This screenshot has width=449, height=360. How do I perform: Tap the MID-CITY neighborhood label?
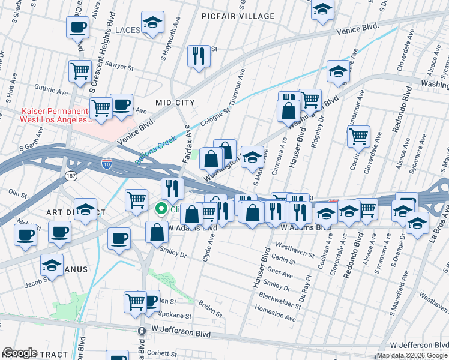pos(175,103)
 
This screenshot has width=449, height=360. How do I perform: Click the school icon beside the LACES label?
pos(152,24)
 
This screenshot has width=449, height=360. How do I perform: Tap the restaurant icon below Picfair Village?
pos(197,56)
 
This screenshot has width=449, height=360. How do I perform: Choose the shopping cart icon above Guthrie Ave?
pos(80,71)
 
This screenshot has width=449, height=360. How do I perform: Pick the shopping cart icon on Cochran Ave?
pos(358,136)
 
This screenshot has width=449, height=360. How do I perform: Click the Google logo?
pos(19,353)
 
